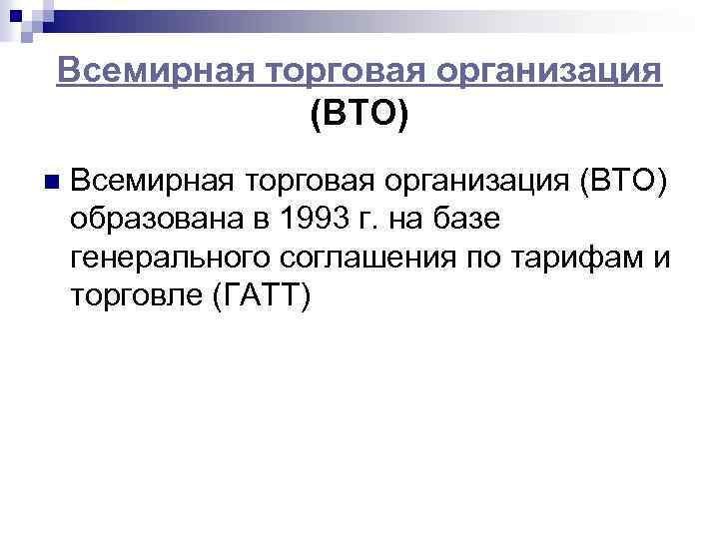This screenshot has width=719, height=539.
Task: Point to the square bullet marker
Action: click(51, 183)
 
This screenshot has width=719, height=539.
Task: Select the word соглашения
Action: click(372, 258)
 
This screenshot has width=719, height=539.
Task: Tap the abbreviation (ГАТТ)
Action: click(264, 295)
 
